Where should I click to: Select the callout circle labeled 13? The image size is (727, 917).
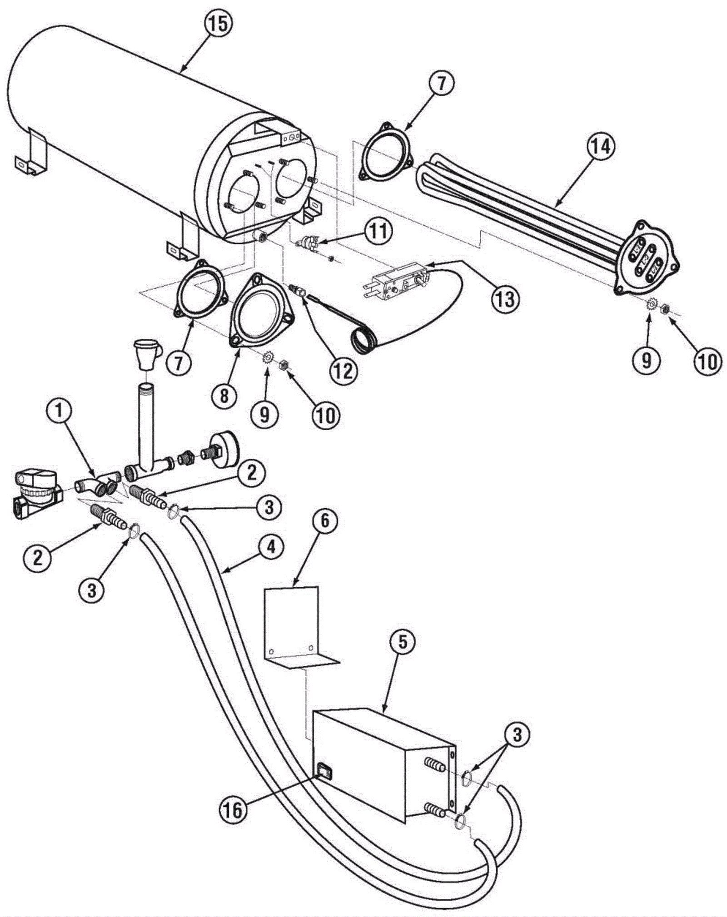point(505,298)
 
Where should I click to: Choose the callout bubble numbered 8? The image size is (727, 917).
point(224,396)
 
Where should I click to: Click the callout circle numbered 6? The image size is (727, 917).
point(324,521)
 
